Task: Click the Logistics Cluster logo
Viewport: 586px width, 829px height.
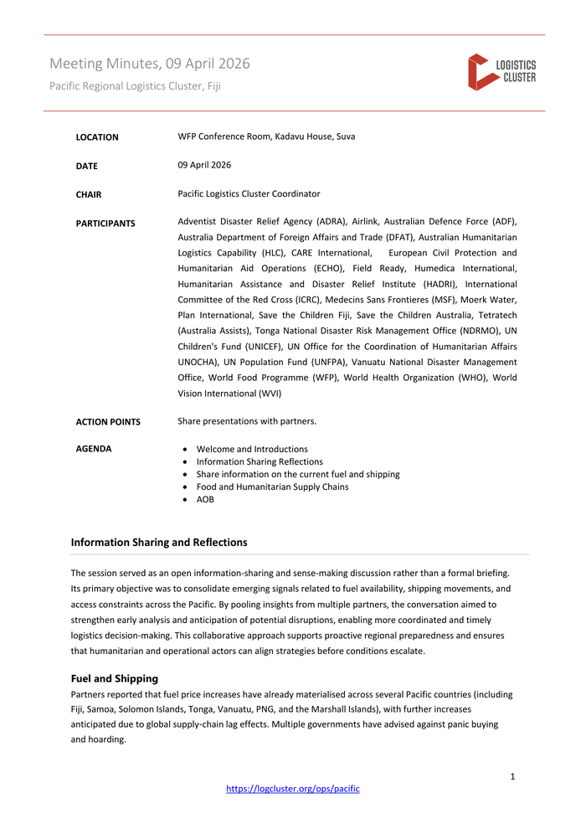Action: coord(501,72)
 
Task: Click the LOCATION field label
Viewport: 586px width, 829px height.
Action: coord(97,137)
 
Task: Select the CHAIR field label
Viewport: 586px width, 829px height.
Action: coord(89,195)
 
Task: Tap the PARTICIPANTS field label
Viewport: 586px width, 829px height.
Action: coord(105,224)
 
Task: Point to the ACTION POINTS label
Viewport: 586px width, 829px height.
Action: coord(108,422)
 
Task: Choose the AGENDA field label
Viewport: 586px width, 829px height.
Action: coord(94,449)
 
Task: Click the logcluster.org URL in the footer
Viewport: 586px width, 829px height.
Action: coord(293,789)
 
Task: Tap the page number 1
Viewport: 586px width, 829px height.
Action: coord(512,776)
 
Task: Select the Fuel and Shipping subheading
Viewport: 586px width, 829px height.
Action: coord(115,678)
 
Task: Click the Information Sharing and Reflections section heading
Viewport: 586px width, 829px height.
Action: coord(159,543)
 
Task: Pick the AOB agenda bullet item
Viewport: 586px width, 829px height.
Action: coord(205,499)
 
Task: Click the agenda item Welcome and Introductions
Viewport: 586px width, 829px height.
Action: coord(252,449)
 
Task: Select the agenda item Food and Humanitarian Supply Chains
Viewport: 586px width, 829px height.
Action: coord(272,487)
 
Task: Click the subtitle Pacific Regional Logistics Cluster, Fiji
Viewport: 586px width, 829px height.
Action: coord(135,85)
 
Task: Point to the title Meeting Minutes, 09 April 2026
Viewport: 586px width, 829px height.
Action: coord(149,64)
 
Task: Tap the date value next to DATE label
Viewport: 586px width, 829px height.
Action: coord(204,165)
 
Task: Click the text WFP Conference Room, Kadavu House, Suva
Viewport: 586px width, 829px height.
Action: coord(266,136)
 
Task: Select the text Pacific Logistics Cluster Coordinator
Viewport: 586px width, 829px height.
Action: coord(249,193)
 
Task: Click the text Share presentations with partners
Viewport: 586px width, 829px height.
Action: coord(247,421)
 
